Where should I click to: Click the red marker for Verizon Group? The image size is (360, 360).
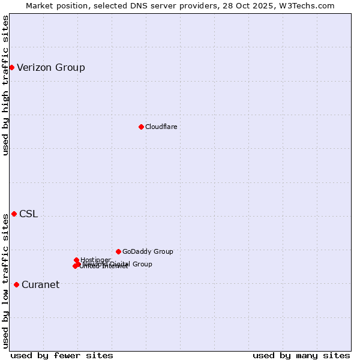point(11,67)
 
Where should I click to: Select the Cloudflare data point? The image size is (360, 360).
point(141,127)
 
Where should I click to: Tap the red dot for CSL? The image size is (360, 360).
point(14,214)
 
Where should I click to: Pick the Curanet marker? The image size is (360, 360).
point(16,284)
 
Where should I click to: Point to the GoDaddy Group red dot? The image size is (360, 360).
point(118,251)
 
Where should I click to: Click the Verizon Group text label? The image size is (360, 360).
point(51,67)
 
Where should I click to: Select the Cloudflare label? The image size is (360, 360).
point(161,127)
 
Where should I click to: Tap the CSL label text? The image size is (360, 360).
point(28,214)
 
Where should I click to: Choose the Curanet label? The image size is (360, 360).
point(40,284)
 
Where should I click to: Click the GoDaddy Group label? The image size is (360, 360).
point(148,251)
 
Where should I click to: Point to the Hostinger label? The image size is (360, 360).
point(95,260)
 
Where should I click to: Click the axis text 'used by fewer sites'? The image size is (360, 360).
point(62,355)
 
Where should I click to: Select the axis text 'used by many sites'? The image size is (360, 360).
point(301,355)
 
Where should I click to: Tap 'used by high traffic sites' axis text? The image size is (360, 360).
point(5,85)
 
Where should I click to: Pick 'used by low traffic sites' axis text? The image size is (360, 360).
point(5,281)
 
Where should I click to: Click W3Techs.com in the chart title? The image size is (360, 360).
point(310,5)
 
